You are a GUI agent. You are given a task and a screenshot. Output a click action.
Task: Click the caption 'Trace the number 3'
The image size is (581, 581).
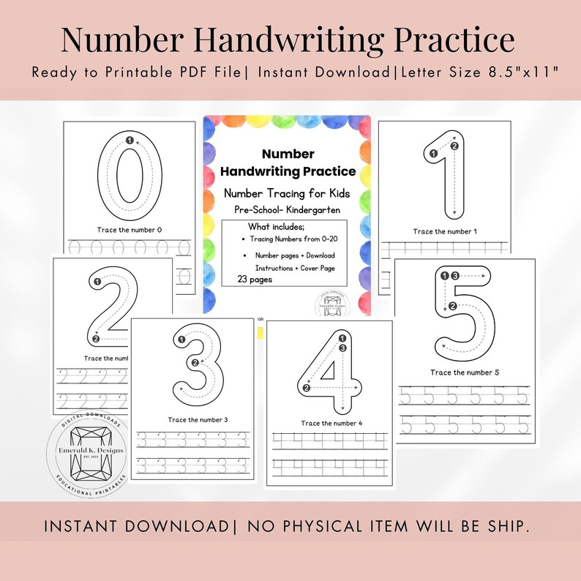click(198, 419)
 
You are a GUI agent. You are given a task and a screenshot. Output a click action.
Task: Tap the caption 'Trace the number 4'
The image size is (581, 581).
click(331, 423)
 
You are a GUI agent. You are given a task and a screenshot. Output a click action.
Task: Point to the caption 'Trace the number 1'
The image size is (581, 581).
click(445, 232)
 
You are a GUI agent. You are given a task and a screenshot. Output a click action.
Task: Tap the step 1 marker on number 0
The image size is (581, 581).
click(130, 140)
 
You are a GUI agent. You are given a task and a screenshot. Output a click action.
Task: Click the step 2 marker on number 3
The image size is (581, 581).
click(194, 362)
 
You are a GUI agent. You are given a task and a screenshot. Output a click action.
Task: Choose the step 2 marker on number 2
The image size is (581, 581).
click(95, 338)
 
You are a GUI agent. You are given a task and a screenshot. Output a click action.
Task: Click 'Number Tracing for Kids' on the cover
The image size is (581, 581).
click(287, 193)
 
